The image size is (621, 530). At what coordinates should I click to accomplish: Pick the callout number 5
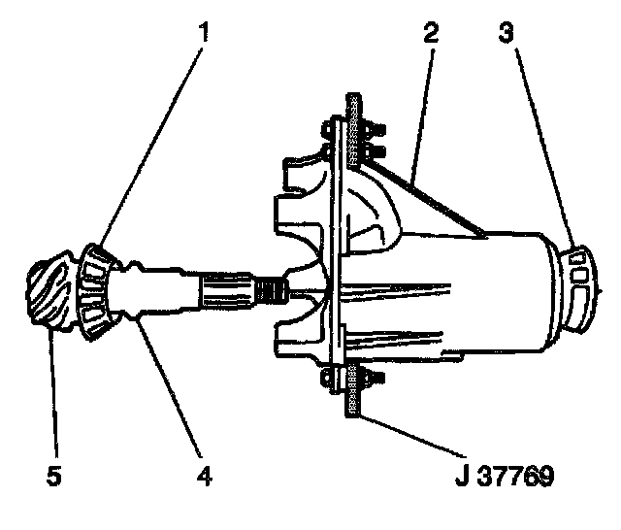pos(54,477)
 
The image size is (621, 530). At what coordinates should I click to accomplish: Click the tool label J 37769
pos(505,477)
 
